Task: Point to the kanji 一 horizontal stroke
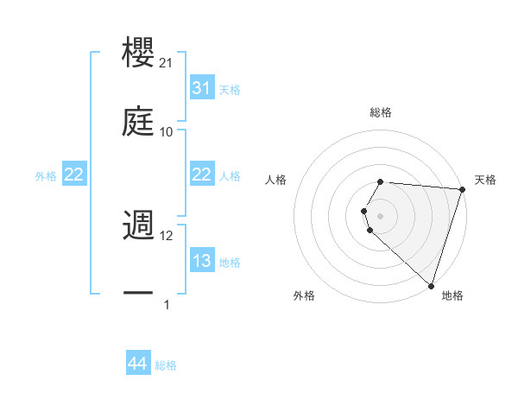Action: coord(138,294)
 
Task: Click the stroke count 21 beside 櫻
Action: coord(167,63)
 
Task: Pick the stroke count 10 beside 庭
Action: coord(167,131)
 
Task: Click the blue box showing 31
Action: coord(201,88)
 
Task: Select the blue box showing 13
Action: coord(201,261)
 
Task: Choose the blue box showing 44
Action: coord(138,365)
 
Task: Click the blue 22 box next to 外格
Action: coord(74,174)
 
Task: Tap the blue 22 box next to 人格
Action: coord(201,174)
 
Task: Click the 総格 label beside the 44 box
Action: coord(166,365)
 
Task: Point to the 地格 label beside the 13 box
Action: coord(230,262)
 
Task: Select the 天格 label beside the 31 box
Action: coord(230,89)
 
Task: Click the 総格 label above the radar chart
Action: coord(381,112)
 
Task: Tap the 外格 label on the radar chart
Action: coord(304,295)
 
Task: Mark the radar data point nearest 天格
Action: coord(462,190)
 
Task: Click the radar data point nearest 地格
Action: coord(431,285)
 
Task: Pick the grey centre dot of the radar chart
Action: coord(381,214)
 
